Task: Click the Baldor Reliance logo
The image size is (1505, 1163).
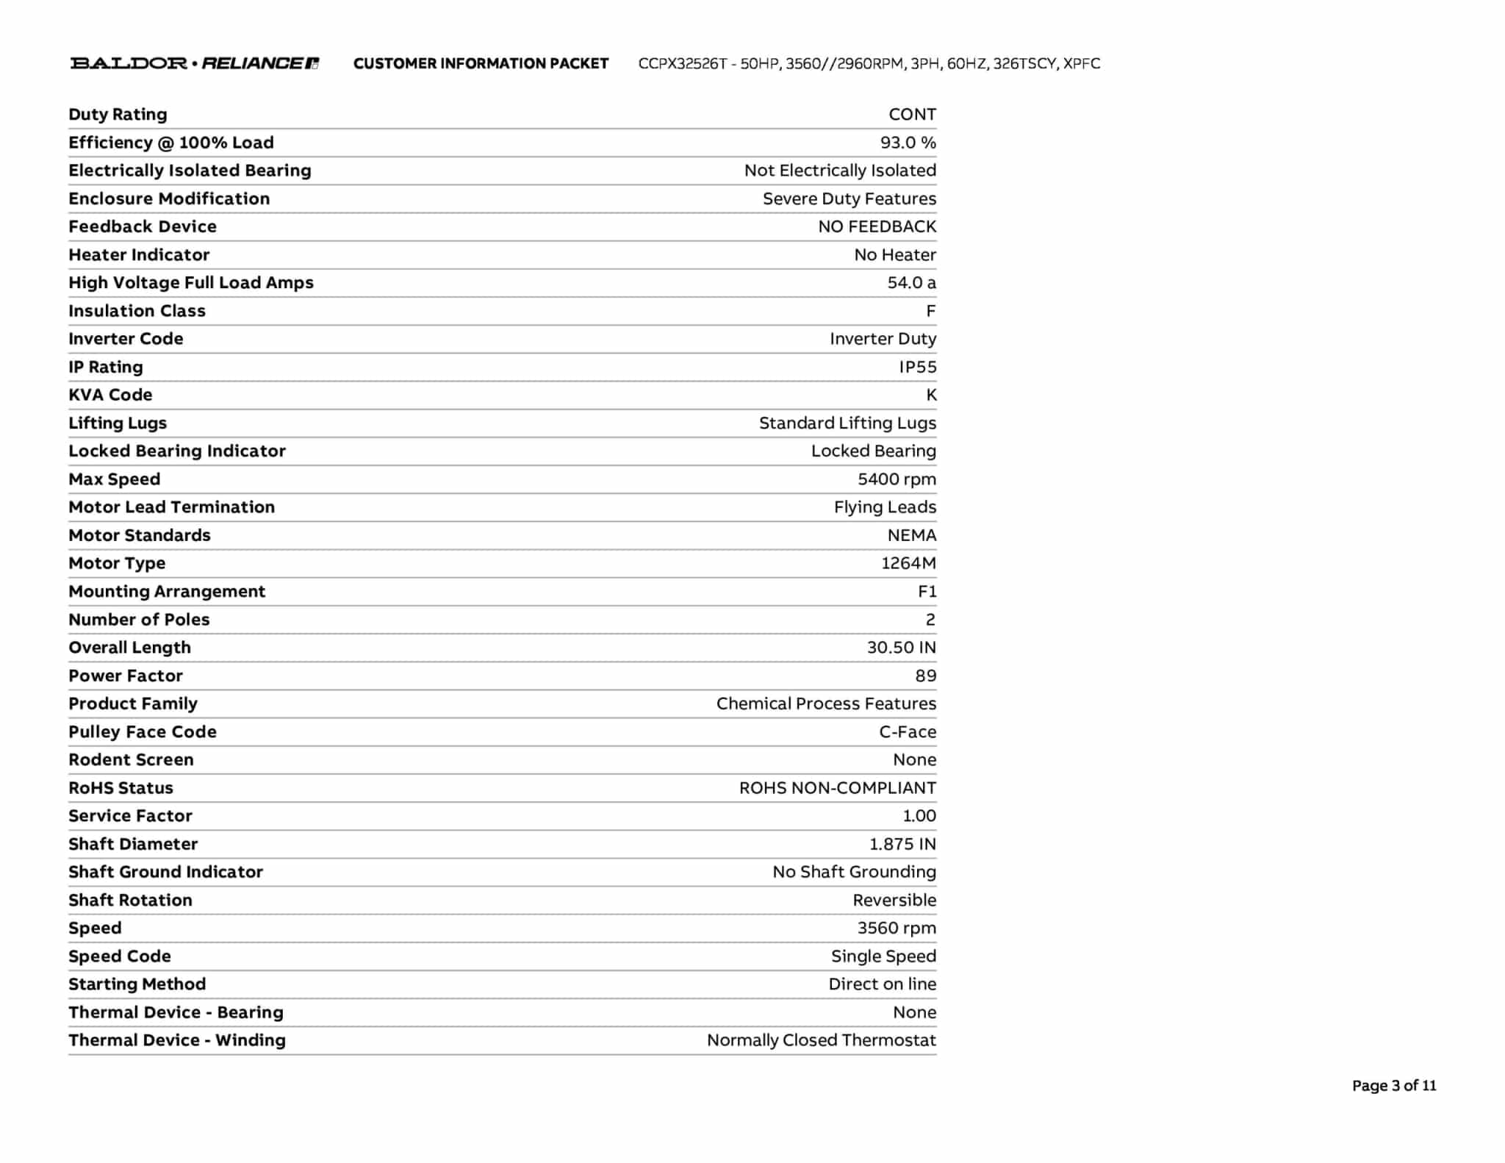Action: pos(194,63)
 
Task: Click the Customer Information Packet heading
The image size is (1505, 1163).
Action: pos(481,63)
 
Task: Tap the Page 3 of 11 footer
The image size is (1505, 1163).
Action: pos(1393,1085)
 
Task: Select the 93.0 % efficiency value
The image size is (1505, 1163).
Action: pos(908,143)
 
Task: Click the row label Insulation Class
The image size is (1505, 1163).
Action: pos(137,311)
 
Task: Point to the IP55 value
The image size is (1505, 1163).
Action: pos(917,367)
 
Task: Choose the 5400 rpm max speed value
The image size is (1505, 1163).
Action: pos(897,479)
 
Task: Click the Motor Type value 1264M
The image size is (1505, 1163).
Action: pos(908,563)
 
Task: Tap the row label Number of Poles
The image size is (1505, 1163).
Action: pos(139,620)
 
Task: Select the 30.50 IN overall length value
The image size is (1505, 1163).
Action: pos(901,648)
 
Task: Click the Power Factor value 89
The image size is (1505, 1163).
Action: pos(925,676)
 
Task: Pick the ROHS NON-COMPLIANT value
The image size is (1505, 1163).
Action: pos(837,788)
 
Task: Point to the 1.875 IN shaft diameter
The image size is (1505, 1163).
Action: pos(902,844)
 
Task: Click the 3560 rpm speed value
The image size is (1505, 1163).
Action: pos(897,928)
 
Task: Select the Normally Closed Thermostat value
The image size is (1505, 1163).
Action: pos(821,1040)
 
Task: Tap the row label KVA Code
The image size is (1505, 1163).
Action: pos(110,395)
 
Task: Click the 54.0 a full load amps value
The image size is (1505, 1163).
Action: pos(911,283)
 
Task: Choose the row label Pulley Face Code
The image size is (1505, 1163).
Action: pos(143,732)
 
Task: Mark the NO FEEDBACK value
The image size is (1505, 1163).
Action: pos(877,226)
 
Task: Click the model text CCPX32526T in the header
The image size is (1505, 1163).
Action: pos(682,63)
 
